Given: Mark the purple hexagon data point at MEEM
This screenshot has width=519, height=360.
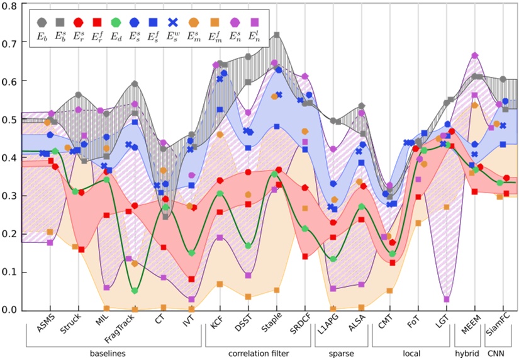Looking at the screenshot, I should pyautogui.click(x=474, y=55).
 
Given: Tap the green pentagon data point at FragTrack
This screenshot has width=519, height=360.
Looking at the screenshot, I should pyautogui.click(x=135, y=291).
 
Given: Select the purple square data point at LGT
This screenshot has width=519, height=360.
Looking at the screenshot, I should pyautogui.click(x=447, y=300).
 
